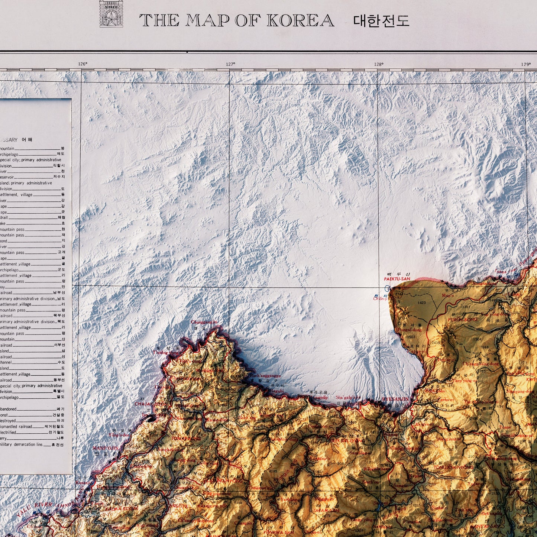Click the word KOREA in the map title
(x=300, y=20)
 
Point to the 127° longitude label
(x=230, y=64)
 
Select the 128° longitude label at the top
(x=379, y=64)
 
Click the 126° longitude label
(x=83, y=64)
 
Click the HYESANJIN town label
(x=395, y=399)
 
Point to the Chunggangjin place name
(x=204, y=322)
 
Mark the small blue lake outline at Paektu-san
(x=388, y=288)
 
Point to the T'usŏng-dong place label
(x=163, y=352)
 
